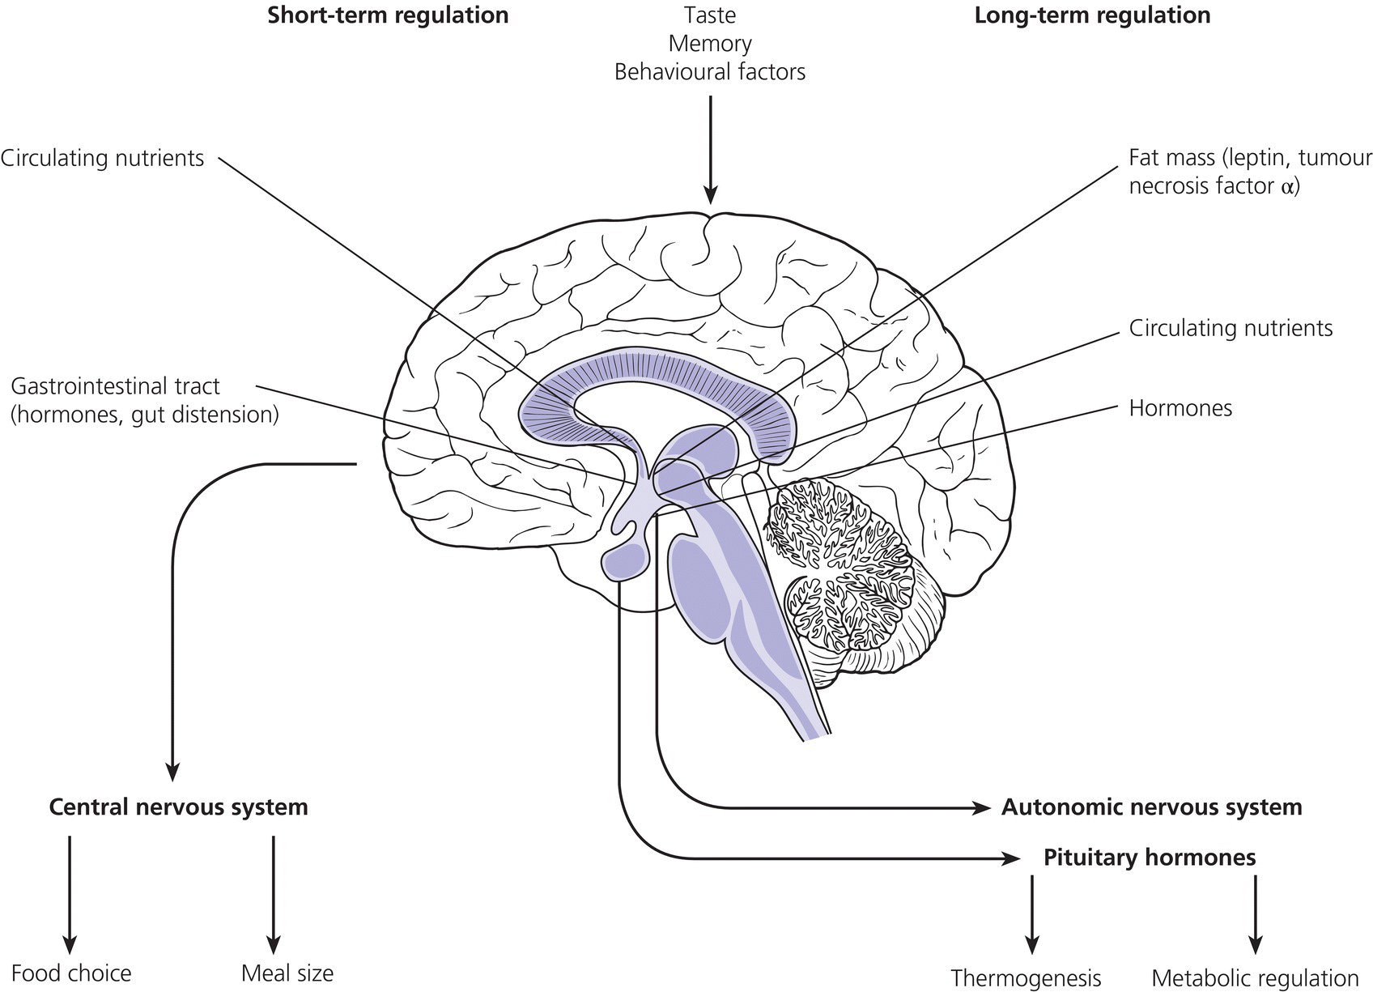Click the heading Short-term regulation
[389, 15]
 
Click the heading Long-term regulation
[1092, 15]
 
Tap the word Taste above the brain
[709, 15]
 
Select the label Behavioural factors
[709, 72]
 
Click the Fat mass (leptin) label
[1250, 172]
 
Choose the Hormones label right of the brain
[1180, 408]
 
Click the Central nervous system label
[179, 807]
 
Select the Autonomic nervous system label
[1151, 807]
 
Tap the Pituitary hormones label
[1150, 858]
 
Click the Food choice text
[71, 973]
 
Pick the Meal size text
[287, 973]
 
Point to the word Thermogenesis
[1026, 978]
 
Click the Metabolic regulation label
[1255, 978]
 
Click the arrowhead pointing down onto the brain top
[710, 195]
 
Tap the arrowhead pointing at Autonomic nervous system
[982, 807]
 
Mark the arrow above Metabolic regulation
[1256, 915]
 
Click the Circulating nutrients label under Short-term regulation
[103, 158]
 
